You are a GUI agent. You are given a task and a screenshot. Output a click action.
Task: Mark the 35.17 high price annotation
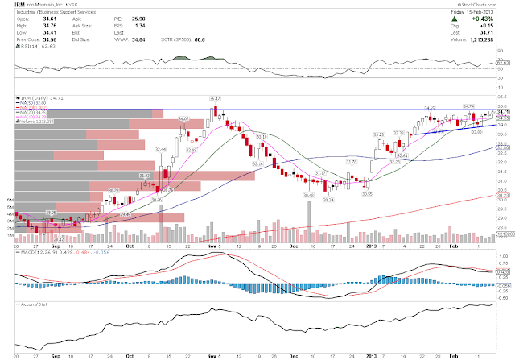click(215, 97)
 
